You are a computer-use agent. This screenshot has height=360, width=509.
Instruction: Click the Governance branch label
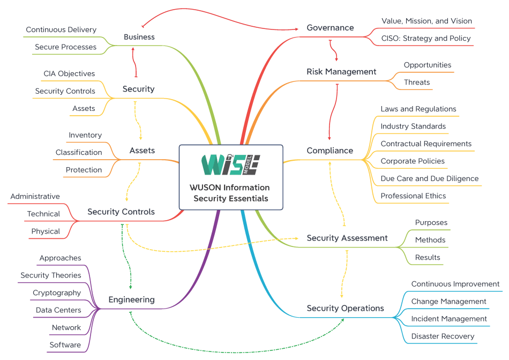(x=330, y=28)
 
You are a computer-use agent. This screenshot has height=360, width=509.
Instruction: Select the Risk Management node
(x=341, y=72)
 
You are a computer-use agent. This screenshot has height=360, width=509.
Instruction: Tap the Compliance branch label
(x=330, y=151)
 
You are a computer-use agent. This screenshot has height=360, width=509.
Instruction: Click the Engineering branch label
(x=131, y=299)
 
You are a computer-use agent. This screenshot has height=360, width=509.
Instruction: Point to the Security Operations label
(x=345, y=308)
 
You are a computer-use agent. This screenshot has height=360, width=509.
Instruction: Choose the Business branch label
(x=139, y=37)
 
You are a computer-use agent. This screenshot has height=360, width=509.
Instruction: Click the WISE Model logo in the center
(x=230, y=164)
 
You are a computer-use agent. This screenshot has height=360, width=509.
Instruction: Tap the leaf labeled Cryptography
(x=57, y=293)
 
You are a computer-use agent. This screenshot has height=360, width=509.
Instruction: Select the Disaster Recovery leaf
(x=443, y=336)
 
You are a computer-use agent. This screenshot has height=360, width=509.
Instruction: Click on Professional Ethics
(x=413, y=196)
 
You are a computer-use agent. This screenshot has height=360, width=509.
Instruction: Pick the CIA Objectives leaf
(x=69, y=73)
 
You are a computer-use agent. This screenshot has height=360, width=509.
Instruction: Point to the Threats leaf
(x=417, y=82)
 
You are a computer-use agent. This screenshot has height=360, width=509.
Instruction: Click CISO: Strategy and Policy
(x=426, y=39)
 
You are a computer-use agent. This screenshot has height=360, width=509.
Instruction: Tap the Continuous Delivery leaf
(x=61, y=30)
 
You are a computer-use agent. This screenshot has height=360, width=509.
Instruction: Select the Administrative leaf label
(x=35, y=197)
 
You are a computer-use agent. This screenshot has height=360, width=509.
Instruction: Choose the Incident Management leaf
(x=449, y=319)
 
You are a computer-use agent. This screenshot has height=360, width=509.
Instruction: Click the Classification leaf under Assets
(x=79, y=152)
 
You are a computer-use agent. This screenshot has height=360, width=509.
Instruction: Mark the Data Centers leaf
(x=58, y=310)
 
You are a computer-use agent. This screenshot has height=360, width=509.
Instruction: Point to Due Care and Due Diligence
(x=430, y=178)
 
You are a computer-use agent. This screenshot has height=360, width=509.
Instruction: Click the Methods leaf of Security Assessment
(x=430, y=240)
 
